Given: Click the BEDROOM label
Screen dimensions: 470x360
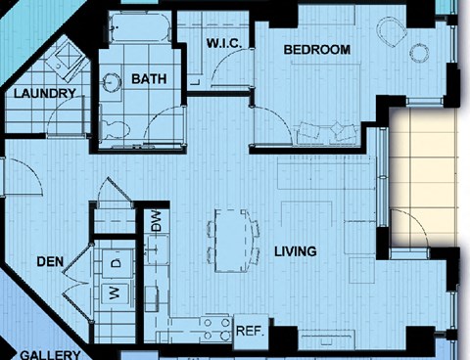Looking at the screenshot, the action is pyautogui.click(x=317, y=50).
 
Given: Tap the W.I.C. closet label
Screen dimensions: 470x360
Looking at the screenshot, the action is pyautogui.click(x=224, y=43).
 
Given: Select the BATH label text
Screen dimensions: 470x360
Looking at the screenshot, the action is pyautogui.click(x=149, y=79).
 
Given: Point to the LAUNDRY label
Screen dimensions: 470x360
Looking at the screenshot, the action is pyautogui.click(x=45, y=94).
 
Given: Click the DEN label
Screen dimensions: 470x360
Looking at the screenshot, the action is pyautogui.click(x=50, y=261).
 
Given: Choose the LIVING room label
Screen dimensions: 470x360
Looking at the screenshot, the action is pyautogui.click(x=296, y=251).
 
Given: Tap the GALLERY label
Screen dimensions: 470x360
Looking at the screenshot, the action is pyautogui.click(x=50, y=355).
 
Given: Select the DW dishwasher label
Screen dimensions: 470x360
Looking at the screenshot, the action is pyautogui.click(x=157, y=221).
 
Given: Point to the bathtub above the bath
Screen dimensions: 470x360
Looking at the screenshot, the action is pyautogui.click(x=140, y=27).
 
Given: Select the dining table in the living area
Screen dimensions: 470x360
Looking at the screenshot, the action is pyautogui.click(x=231, y=241).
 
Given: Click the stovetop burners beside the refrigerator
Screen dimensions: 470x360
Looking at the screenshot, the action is pyautogui.click(x=216, y=329).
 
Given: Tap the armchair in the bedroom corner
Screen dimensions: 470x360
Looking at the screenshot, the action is pyautogui.click(x=392, y=31).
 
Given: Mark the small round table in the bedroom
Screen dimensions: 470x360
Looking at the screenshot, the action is pyautogui.click(x=419, y=53).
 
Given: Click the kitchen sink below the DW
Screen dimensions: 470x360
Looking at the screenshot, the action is pyautogui.click(x=158, y=249).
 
